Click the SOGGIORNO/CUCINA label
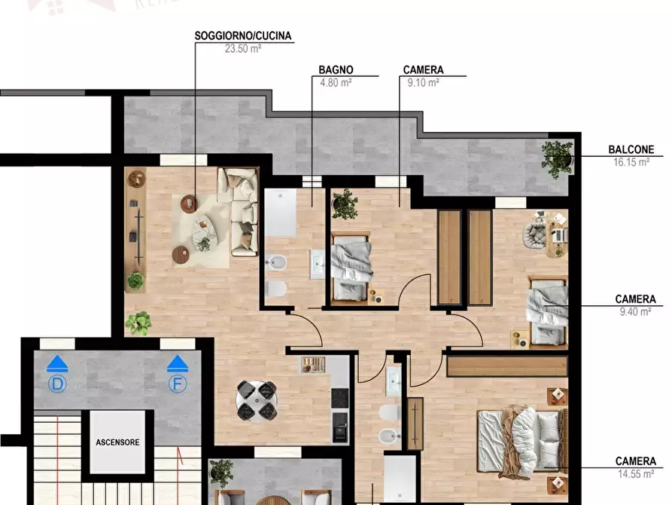[242, 35]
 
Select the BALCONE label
[631, 150]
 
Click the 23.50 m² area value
[242, 48]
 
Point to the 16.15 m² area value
[631, 161]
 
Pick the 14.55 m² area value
[635, 473]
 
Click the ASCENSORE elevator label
[117, 442]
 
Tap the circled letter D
[57, 384]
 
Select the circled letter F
[177, 384]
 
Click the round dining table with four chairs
[256, 399]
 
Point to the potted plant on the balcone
[558, 157]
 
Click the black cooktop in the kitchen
[340, 397]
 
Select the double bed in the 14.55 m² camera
[521, 439]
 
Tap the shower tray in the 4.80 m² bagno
[281, 212]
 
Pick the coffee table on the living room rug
[201, 225]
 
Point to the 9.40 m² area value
[635, 311]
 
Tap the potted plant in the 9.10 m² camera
[344, 202]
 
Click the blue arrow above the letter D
[57, 365]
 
